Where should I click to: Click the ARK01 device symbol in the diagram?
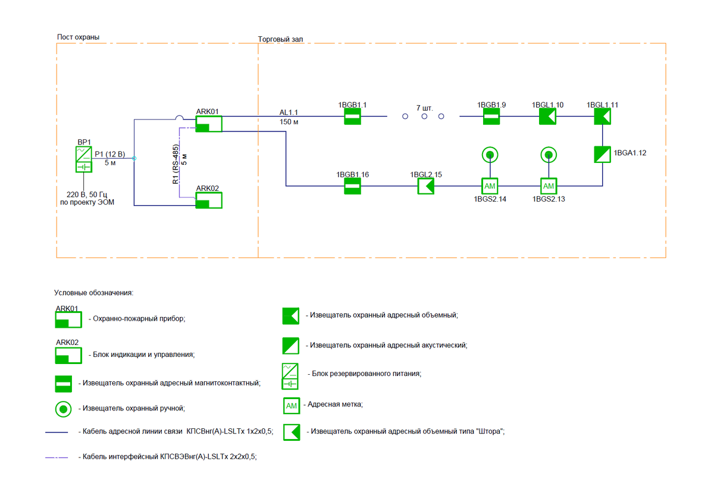[209, 124]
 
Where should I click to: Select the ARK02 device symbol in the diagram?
[209, 200]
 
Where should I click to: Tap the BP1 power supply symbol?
[84, 159]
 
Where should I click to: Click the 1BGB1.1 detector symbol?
[353, 117]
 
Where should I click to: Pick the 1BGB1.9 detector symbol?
[491, 117]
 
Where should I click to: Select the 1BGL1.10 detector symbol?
[547, 117]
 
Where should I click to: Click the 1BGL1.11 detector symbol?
[603, 117]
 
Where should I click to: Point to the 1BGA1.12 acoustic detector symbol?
[603, 155]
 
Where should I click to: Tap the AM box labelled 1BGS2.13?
[548, 186]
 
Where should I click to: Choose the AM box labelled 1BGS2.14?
[489, 186]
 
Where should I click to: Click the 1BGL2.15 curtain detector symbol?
[425, 186]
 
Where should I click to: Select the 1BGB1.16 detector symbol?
[353, 186]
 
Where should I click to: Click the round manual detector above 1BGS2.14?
[489, 155]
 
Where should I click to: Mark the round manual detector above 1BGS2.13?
[548, 155]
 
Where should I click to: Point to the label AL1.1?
[289, 112]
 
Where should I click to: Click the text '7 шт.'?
[425, 108]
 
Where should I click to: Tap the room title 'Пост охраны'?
[78, 37]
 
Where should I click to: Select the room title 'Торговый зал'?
[281, 39]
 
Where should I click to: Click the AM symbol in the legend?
[291, 406]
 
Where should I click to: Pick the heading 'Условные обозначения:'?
[94, 293]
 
